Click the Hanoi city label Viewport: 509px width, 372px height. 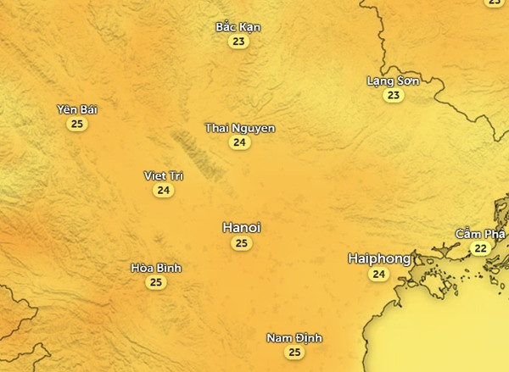(241, 227)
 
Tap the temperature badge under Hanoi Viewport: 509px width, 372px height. (241, 243)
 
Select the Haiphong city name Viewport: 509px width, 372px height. (379, 258)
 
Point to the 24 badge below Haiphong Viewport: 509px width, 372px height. (378, 274)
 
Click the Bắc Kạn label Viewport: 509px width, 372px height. (238, 26)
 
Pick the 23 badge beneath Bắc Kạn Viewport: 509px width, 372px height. (238, 42)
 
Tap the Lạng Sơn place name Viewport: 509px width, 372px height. (393, 81)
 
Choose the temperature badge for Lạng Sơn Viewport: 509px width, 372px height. (393, 96)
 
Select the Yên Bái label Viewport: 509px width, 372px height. (77, 109)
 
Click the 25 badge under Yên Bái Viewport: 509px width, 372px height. (77, 125)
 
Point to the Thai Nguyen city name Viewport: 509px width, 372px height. (240, 128)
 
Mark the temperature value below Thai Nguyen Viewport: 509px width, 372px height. (240, 142)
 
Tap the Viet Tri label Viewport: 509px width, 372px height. (164, 175)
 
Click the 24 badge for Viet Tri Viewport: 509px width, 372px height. (164, 191)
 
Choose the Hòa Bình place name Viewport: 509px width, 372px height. (156, 268)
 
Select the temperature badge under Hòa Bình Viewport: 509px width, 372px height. (156, 283)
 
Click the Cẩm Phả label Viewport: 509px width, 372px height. (480, 233)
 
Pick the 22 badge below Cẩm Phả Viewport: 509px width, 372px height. (481, 248)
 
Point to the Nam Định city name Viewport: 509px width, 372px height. (294, 338)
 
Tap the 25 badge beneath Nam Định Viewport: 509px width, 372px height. (294, 353)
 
